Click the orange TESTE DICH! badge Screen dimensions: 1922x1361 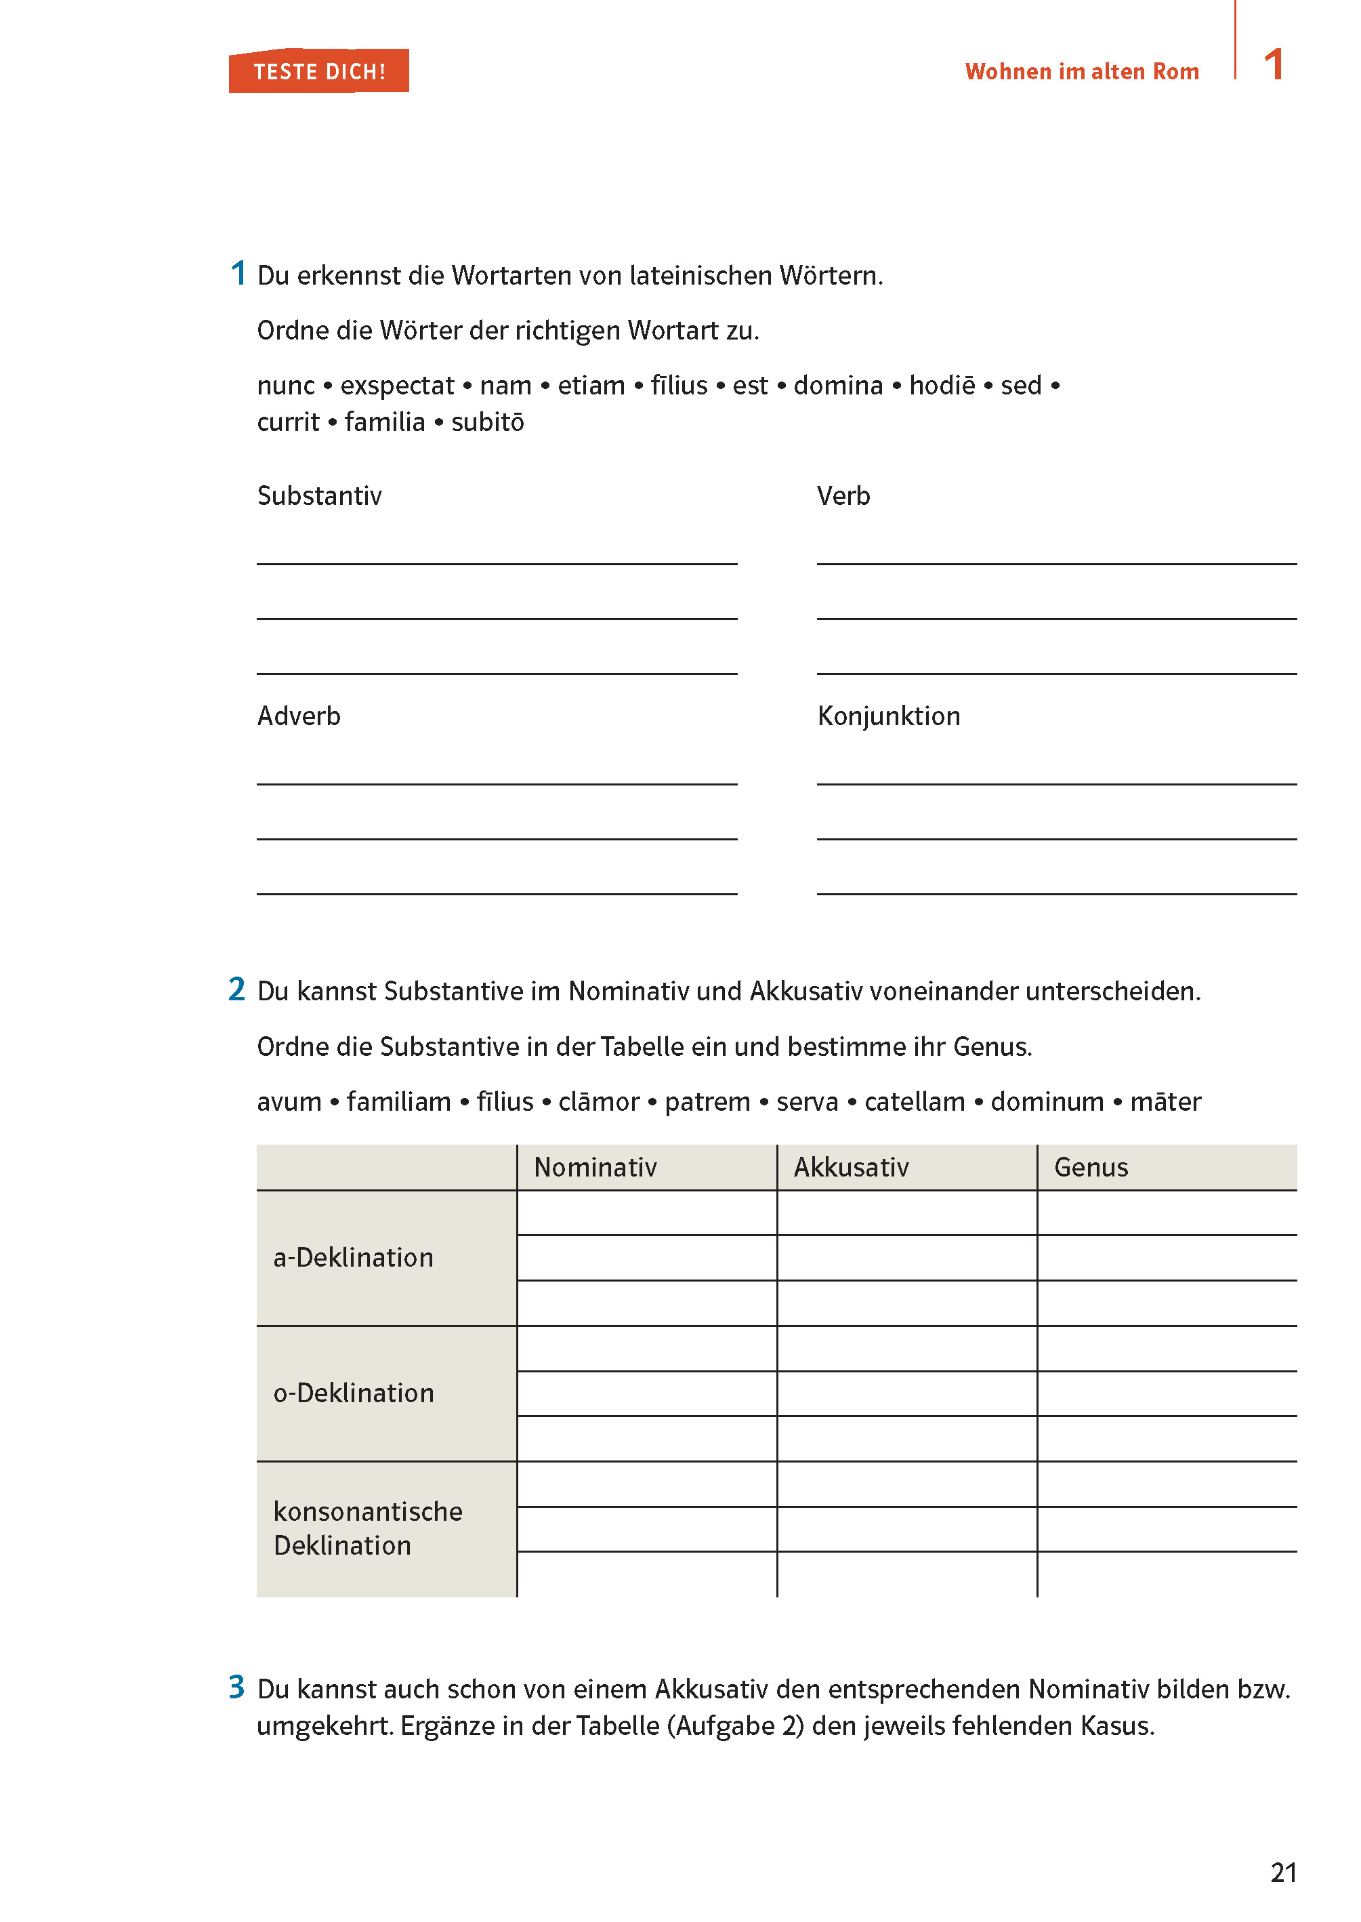coord(318,71)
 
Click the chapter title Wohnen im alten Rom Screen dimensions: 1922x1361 coord(1081,72)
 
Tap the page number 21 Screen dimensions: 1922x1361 coord(1282,1872)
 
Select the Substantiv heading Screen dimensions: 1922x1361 coord(319,496)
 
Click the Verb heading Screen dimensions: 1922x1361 coord(843,496)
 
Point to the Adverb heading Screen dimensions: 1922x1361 coord(298,716)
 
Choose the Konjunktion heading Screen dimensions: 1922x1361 coord(888,716)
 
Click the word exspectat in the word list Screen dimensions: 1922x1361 coord(396,386)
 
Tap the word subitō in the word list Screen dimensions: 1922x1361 coord(487,422)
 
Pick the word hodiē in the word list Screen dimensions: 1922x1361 coord(942,386)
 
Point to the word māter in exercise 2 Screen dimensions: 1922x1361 coord(1165,1101)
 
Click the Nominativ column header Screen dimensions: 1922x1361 coord(595,1167)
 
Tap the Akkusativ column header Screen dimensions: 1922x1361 coord(851,1167)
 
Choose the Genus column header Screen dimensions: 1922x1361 coord(1090,1167)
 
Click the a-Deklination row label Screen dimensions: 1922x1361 coord(353,1257)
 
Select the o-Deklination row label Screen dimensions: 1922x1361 coord(354,1393)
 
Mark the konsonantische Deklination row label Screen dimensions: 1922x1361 coord(367,1528)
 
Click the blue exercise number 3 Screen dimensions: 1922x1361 coord(237,1686)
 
